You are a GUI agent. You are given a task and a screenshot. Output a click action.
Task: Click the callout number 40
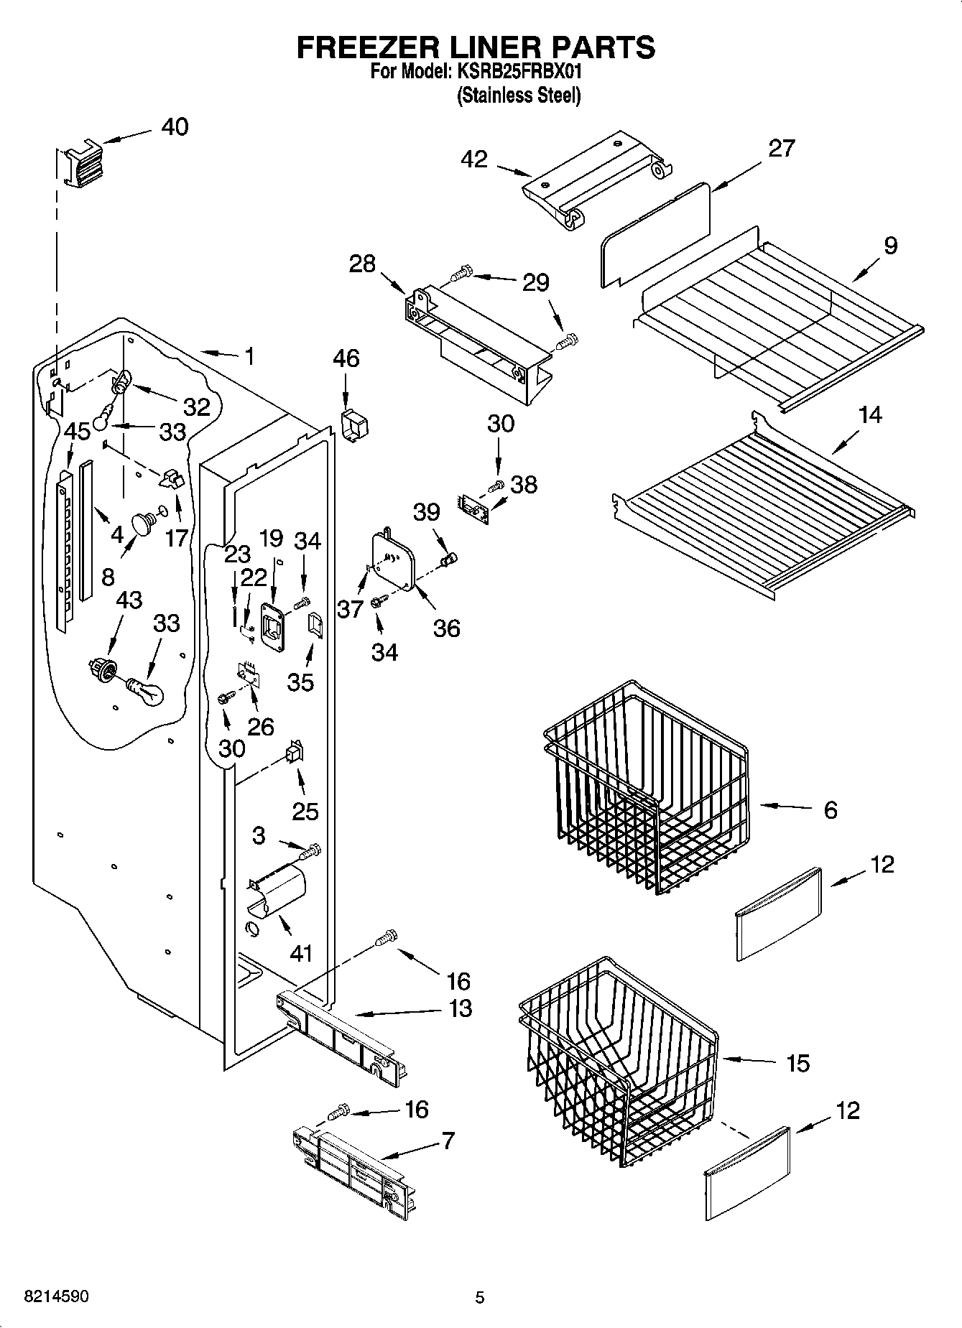(x=175, y=127)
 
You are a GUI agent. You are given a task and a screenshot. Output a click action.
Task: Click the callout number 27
(x=782, y=148)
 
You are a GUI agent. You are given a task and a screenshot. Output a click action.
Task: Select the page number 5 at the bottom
(x=480, y=1297)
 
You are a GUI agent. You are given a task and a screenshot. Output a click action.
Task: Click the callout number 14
(x=870, y=415)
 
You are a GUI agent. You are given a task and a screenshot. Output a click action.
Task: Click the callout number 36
(x=446, y=628)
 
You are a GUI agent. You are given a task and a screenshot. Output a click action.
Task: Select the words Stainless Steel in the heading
(x=519, y=96)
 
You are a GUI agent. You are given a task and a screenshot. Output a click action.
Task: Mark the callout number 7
(x=448, y=1141)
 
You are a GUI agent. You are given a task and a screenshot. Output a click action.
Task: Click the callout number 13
(x=460, y=1008)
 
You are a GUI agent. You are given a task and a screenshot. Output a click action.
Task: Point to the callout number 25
(x=305, y=812)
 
